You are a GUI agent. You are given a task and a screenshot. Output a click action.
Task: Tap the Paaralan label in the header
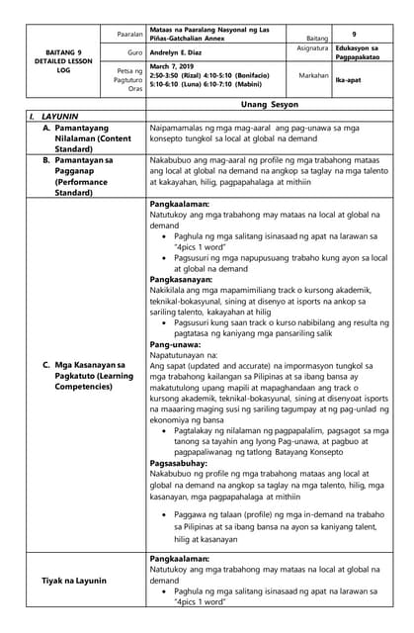[129, 33]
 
